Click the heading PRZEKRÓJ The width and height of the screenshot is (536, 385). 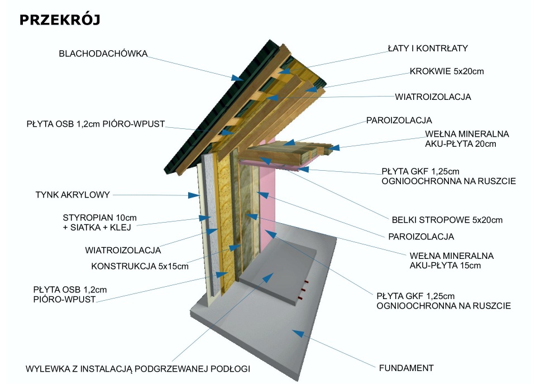coord(59,20)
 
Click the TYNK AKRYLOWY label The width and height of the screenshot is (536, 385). coord(73,195)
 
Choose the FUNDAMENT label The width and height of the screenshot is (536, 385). coord(406,368)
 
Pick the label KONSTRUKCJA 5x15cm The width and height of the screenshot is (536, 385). coord(140,266)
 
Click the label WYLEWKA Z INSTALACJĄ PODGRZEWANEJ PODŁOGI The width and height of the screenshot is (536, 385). coord(137,369)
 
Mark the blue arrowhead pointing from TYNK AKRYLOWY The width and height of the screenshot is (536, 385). coord(193,196)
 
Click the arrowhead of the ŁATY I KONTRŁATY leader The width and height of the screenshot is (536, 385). coord(285,70)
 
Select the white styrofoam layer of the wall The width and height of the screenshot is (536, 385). coord(206,223)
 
